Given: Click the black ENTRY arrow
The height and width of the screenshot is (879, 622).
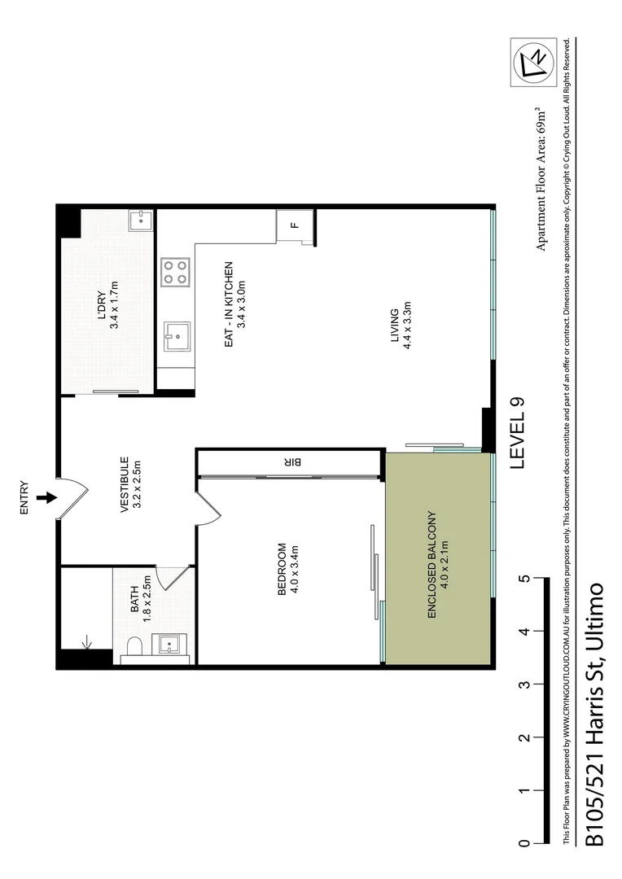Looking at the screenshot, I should [47, 497].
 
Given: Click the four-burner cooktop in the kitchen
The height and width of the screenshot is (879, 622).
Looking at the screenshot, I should [174, 271].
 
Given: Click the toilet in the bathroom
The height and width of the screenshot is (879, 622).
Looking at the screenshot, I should [134, 648].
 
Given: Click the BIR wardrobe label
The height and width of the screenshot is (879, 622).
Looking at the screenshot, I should [294, 461].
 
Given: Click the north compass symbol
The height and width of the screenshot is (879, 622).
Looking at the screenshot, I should [532, 63].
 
